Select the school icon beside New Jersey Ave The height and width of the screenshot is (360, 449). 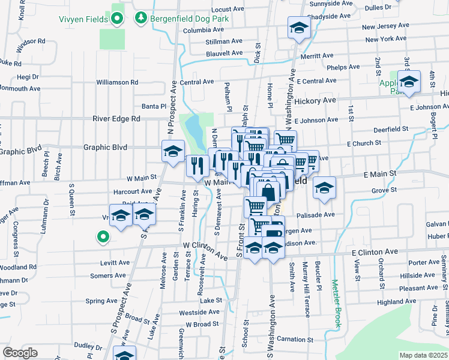[x=298, y=28]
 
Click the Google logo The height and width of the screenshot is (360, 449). [x=20, y=352]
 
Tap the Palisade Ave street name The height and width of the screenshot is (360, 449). [x=337, y=214]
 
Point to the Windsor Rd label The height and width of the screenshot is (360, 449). [x=31, y=42]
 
